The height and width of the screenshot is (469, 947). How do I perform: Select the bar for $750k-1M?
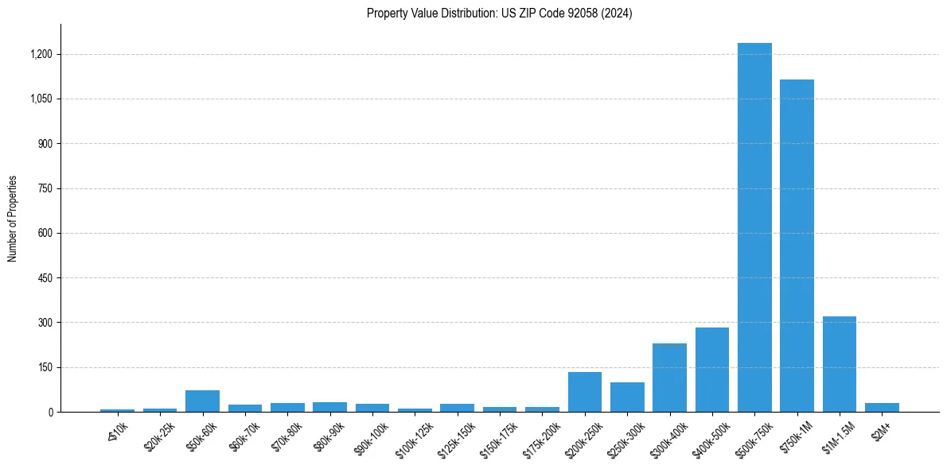pos(797,246)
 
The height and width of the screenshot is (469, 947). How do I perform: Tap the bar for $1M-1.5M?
pos(840,364)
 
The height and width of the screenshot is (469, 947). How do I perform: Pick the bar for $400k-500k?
pos(712,370)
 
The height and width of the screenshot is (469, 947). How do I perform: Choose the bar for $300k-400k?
pos(669,378)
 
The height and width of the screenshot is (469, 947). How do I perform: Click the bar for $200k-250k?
pos(585,392)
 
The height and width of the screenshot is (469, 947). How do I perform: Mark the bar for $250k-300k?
pos(627,397)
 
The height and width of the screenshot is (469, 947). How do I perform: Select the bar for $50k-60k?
pos(202,401)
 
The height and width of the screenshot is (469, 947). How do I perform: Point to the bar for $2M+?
pos(882,408)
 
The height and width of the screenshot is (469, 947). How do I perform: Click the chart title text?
pos(500,14)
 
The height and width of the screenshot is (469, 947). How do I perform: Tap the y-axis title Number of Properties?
pos(13,219)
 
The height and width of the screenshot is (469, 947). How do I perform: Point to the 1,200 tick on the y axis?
pos(41,54)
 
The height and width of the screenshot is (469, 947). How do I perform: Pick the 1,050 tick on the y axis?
pos(41,99)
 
